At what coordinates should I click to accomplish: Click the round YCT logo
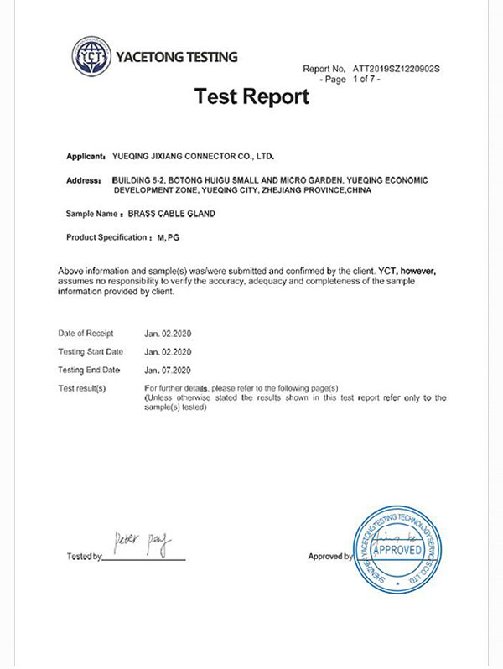point(90,58)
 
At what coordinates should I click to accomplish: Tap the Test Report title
point(251,96)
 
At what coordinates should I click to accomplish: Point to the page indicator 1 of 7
point(366,79)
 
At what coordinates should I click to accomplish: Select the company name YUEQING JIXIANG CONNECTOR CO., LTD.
point(193,157)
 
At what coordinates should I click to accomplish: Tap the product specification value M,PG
point(169,238)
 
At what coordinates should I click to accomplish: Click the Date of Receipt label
point(86,334)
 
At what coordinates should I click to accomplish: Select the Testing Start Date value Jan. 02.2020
point(169,351)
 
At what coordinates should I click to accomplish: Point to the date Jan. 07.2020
point(169,370)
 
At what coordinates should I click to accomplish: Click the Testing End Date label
point(89,370)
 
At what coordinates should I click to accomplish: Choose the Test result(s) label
point(82,388)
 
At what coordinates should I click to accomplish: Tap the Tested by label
point(84,557)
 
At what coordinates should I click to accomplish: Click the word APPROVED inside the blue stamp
point(399,551)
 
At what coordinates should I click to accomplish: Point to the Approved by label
point(329,557)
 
